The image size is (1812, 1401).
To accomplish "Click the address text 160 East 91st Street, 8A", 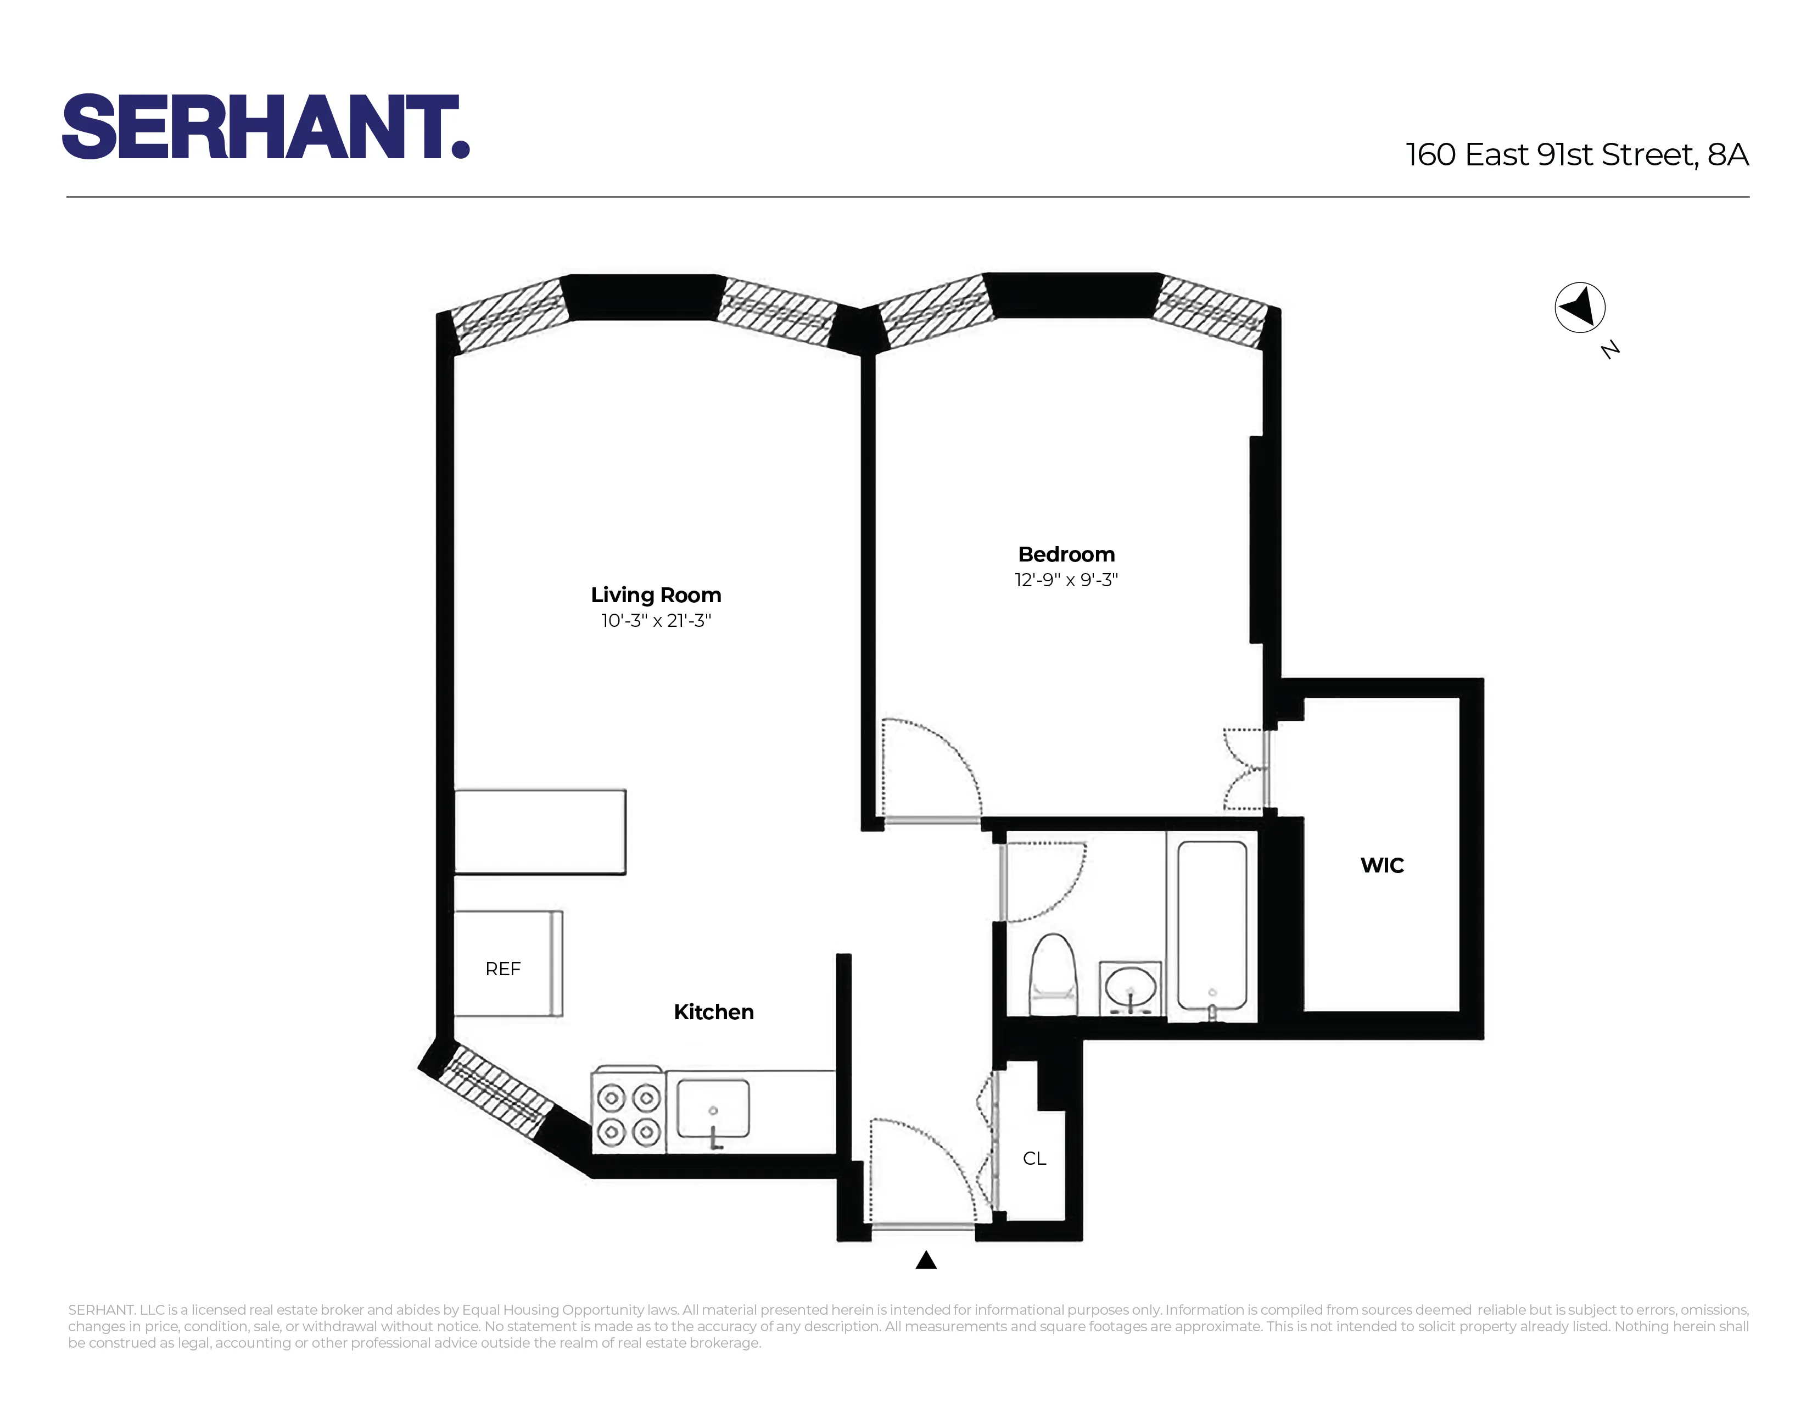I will click(x=1576, y=155).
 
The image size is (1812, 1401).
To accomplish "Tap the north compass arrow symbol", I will click(x=1579, y=307).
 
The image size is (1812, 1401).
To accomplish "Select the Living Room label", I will click(x=656, y=595).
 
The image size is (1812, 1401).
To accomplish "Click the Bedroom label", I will click(x=1066, y=554).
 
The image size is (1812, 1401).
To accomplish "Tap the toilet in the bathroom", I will click(x=1053, y=975).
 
